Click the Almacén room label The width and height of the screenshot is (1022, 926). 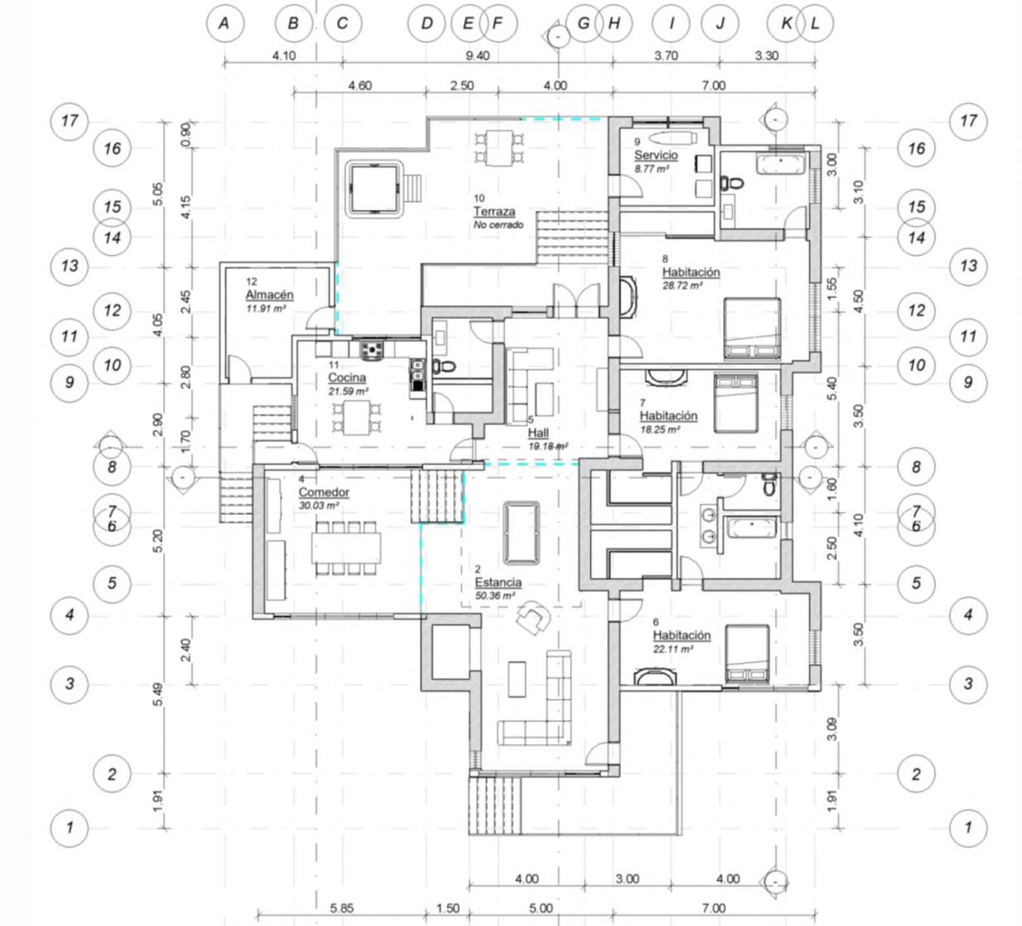coord(269,295)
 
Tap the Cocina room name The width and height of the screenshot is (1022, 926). coord(347,378)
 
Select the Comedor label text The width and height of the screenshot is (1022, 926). coord(324,492)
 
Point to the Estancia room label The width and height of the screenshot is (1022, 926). coord(498,582)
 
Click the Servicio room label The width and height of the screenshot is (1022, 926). coord(655,155)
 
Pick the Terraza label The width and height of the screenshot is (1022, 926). coord(494,211)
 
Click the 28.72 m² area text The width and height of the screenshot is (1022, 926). coord(683,286)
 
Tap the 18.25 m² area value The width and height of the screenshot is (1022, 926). coord(660,430)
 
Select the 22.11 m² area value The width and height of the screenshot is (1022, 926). coord(673,649)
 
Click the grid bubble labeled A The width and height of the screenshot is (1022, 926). coord(225,23)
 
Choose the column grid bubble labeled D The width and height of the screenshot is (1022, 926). coord(427,23)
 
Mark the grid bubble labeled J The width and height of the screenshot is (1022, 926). coord(720,23)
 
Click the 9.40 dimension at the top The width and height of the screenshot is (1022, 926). coord(477,56)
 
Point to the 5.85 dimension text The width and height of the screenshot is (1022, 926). coord(342,908)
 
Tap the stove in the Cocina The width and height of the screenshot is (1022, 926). coord(373,350)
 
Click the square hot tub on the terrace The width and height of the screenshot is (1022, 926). coord(374,189)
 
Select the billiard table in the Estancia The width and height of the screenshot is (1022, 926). coord(522,533)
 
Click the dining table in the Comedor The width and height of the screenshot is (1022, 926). coord(346,548)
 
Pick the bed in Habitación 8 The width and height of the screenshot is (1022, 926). coord(753,329)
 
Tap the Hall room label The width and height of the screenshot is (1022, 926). coord(538,433)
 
